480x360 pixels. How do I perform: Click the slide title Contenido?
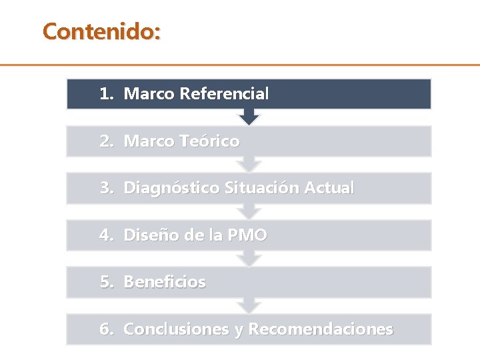pos(101,31)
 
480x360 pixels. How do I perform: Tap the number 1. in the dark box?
pos(107,94)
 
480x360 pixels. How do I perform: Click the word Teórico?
pos(209,141)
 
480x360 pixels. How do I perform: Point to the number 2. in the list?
pos(107,141)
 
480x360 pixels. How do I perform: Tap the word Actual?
pos(329,189)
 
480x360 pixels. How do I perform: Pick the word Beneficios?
pos(165,282)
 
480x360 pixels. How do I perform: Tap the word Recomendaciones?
pos(321,329)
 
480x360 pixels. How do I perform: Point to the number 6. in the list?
pos(107,329)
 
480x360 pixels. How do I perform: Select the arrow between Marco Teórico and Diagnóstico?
pos(249,165)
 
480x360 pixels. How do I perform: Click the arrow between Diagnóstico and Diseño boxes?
pos(249,212)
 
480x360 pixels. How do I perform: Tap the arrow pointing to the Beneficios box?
pos(249,259)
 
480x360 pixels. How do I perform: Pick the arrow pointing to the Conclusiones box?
pos(249,306)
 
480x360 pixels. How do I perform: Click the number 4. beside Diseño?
pos(107,235)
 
